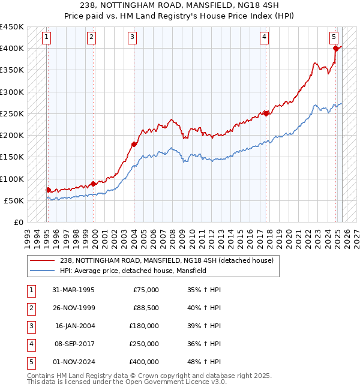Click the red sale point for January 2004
point(134,144)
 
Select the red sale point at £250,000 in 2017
point(266,113)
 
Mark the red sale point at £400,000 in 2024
point(335,49)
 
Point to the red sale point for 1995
point(48,190)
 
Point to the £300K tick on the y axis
point(12,92)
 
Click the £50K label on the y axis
point(14,200)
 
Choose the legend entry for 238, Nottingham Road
point(166,260)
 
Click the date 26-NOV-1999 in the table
point(73,308)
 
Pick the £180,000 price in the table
point(144,326)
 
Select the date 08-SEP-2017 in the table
point(73,344)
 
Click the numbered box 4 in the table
point(31,344)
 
